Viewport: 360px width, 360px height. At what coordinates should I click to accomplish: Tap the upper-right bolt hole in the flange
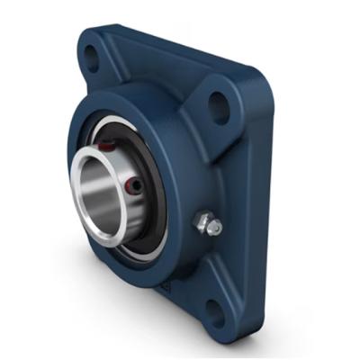[x=217, y=104]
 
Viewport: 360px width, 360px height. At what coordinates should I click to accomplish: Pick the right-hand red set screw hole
[x=134, y=185]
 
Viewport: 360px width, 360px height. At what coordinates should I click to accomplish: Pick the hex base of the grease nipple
[x=201, y=221]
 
